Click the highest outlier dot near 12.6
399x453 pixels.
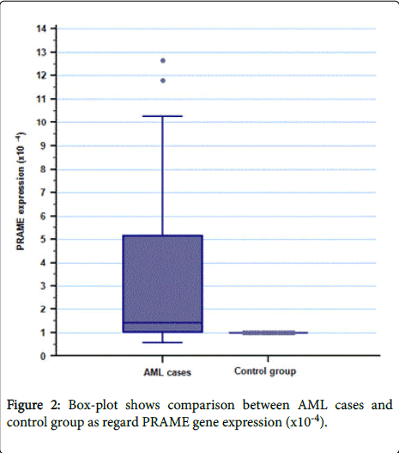tap(163, 60)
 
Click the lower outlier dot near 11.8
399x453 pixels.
tap(163, 81)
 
